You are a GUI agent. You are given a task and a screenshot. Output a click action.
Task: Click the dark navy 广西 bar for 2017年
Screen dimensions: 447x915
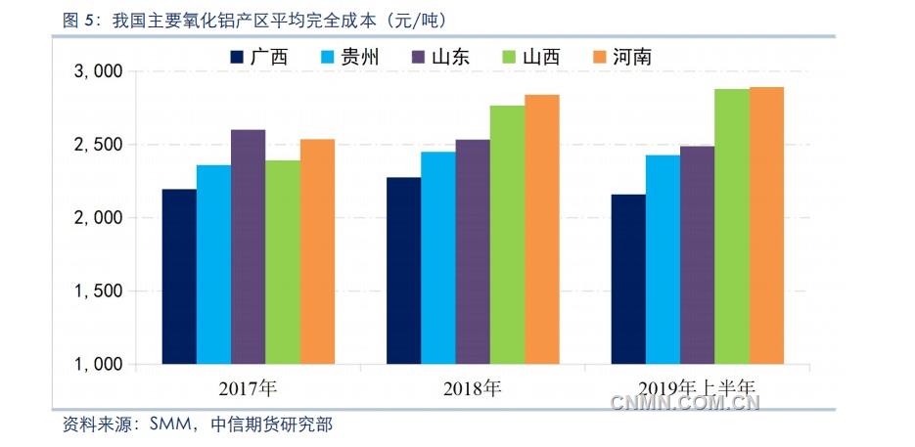tap(179, 276)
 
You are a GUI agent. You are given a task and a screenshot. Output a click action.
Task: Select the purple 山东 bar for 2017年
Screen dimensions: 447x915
tap(248, 246)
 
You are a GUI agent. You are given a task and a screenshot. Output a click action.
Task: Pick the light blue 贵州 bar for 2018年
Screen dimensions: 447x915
tap(438, 257)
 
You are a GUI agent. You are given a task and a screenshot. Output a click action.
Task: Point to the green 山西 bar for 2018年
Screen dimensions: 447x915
tap(507, 235)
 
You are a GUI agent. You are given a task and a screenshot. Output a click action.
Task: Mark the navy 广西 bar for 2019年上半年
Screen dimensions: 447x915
tap(628, 279)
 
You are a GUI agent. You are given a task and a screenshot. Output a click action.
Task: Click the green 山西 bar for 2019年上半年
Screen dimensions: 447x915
tap(731, 226)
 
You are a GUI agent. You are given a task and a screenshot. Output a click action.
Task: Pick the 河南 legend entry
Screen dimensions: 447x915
tap(621, 57)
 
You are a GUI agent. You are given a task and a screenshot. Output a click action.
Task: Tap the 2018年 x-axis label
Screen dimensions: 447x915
tap(473, 389)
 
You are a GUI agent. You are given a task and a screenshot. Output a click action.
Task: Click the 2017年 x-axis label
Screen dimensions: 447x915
tap(249, 389)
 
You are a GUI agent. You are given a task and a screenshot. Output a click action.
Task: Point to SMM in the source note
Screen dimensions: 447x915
tap(168, 425)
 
